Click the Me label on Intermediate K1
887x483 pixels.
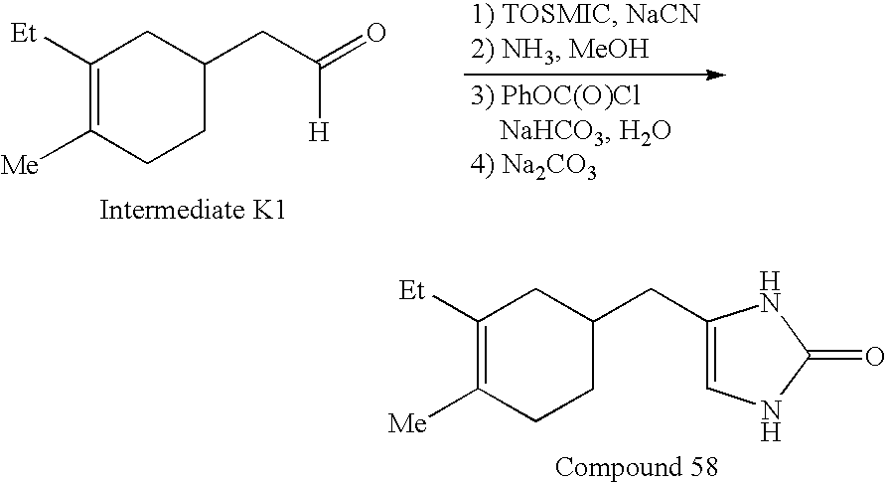tap(21, 164)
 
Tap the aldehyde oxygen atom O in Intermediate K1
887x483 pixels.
tap(375, 36)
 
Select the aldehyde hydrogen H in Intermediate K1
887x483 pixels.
tap(318, 131)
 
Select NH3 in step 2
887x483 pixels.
tap(525, 49)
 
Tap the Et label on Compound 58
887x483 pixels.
tap(412, 291)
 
